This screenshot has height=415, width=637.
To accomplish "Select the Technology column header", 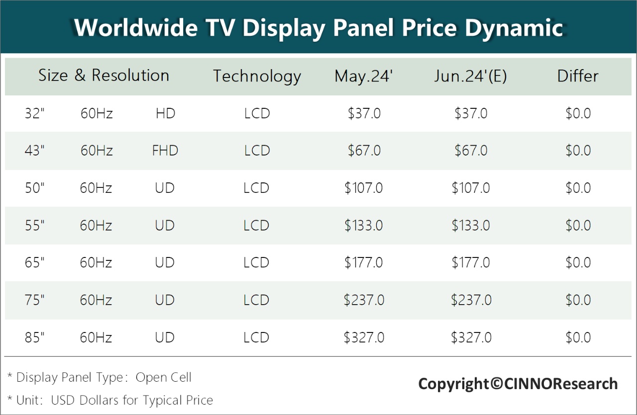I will click(257, 76).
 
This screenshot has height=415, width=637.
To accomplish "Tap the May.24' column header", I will click(364, 76).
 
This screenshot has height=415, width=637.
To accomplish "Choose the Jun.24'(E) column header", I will click(470, 76).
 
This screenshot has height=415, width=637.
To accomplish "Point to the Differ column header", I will click(578, 76).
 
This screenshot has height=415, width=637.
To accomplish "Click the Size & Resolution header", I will click(104, 76).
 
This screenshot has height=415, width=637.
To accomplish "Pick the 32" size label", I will click(35, 113).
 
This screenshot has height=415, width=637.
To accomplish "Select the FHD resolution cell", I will click(165, 151).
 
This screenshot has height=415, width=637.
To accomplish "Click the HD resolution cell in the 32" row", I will click(165, 113).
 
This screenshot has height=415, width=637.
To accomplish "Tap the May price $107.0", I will click(364, 188).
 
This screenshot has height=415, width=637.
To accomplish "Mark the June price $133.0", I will click(471, 226).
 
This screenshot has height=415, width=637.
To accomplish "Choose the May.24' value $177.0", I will click(364, 262).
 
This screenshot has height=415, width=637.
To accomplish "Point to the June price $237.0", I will click(471, 300).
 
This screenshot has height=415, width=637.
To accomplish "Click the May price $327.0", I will click(364, 338).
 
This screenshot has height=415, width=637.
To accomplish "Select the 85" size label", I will click(35, 338).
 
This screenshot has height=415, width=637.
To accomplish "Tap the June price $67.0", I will click(471, 151).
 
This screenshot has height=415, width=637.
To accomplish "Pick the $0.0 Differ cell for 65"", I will click(578, 262).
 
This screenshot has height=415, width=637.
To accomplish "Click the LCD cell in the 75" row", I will click(257, 300).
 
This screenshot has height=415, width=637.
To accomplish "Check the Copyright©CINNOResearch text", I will click(518, 384).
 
